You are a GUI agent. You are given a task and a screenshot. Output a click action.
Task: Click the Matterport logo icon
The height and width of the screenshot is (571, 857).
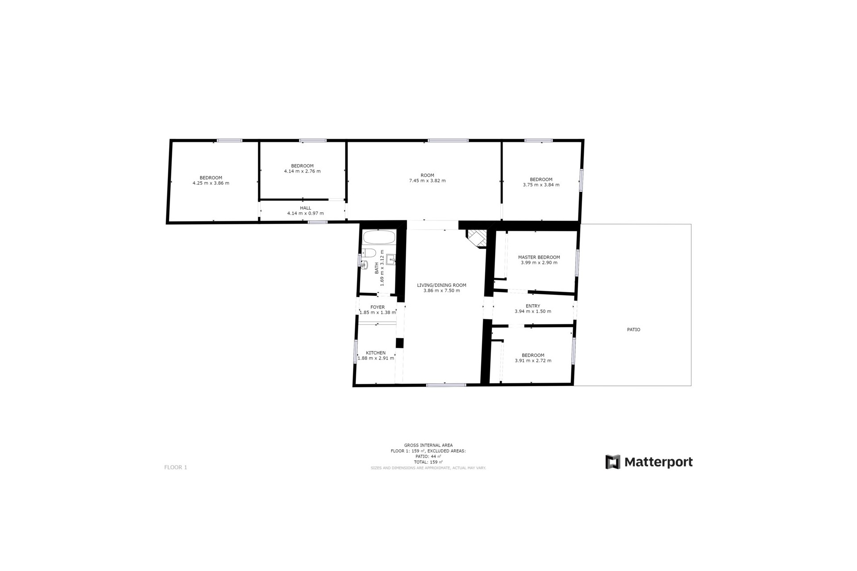612,462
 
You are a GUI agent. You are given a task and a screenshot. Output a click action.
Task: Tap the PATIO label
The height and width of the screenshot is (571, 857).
633,330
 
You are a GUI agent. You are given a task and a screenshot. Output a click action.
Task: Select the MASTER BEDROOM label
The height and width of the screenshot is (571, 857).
539,257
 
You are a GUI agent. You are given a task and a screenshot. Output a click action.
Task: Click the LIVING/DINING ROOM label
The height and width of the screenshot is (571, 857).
441,285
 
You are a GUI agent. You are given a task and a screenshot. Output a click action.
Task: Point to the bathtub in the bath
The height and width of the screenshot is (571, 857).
379,237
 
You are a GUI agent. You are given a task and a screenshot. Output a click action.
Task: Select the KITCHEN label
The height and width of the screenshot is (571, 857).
375,353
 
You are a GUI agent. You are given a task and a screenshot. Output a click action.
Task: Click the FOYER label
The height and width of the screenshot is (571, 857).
377,307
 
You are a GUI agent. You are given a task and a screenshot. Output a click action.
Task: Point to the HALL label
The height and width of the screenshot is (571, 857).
305,208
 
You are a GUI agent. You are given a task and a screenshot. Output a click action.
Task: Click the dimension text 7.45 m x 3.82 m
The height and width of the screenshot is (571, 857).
427,181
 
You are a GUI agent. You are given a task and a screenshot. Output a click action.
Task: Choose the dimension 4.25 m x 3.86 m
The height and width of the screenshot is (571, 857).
211,183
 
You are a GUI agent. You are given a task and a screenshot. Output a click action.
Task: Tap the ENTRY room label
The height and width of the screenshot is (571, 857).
533,306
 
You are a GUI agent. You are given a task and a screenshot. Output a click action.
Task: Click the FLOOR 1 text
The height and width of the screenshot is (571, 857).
175,467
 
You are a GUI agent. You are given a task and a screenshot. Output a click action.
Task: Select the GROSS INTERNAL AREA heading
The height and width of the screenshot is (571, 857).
428,445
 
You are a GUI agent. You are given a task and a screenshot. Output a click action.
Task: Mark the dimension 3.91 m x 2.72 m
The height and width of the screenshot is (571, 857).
533,360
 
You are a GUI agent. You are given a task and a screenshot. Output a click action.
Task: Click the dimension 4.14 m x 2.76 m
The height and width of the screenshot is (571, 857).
302,171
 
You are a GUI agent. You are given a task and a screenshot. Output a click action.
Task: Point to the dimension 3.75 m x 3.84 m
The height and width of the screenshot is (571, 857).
541,185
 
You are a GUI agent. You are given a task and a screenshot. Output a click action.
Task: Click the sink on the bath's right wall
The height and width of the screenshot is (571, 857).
391,258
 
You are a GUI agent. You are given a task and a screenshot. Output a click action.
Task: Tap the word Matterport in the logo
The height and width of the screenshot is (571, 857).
658,462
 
